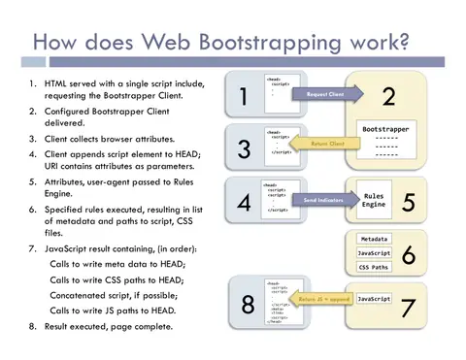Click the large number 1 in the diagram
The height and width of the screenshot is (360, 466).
point(243,96)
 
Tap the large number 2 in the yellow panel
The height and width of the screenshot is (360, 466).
point(389,96)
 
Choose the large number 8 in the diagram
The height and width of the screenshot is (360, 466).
point(249,305)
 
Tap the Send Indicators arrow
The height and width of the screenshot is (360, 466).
point(322,199)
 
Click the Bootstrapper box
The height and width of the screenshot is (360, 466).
point(385,141)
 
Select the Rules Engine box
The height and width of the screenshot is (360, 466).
point(373,199)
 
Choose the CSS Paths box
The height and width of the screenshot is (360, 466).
point(374,267)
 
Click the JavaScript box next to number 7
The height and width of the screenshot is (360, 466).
point(374,299)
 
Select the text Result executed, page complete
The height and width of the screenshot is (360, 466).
point(106,326)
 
